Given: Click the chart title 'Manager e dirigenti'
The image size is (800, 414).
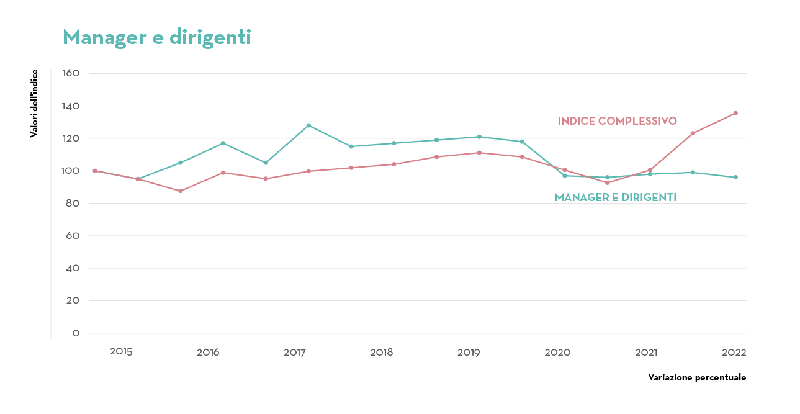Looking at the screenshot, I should [157, 37].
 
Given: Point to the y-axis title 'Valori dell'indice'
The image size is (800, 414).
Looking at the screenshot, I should [34, 103].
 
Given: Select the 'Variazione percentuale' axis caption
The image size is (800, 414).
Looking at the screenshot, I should [696, 377].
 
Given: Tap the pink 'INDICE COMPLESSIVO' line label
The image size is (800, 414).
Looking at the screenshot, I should [617, 121].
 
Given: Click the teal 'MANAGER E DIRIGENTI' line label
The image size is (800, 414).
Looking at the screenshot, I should [615, 197].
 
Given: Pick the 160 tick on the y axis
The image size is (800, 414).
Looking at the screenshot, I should [71, 73].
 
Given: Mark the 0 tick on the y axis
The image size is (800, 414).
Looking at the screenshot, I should [76, 333].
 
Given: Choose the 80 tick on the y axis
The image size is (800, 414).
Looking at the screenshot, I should [72, 204].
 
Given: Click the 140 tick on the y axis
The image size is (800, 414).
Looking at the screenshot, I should [71, 106].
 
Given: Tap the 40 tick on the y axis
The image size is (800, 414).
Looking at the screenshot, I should [72, 269].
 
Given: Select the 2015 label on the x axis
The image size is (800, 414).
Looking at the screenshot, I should [121, 351].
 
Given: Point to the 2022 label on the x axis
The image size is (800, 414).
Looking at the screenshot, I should [734, 352].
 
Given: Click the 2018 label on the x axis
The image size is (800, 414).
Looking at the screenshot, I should [382, 352].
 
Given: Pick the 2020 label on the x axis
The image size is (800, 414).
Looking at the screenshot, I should [557, 352].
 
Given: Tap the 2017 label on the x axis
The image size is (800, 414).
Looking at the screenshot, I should [295, 352].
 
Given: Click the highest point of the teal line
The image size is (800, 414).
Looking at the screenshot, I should [308, 125].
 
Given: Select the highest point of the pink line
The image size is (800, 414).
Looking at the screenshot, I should [735, 113].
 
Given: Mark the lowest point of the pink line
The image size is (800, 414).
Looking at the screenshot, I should [181, 191].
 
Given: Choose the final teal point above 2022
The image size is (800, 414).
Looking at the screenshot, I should [735, 178].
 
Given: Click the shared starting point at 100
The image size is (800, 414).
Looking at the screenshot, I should [95, 171].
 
